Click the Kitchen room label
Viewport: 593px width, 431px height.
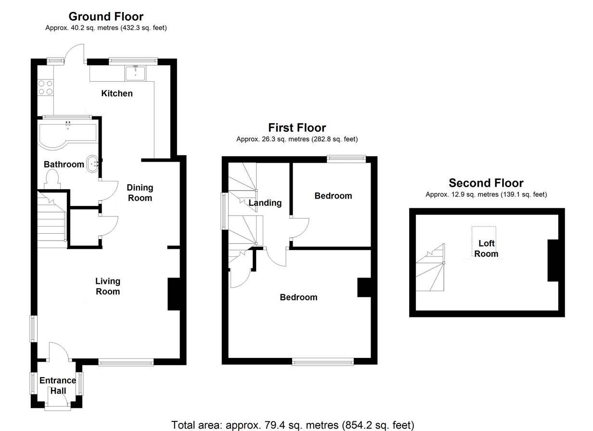116,93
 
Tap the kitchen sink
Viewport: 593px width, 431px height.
136,74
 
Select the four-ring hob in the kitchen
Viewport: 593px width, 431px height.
45,87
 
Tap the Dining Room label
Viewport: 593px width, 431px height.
140,192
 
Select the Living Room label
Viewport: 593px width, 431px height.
107,286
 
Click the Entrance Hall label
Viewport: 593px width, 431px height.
58,385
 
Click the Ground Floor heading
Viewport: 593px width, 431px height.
106,17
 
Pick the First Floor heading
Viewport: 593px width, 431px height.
297,127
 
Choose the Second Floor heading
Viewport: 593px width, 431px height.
486,183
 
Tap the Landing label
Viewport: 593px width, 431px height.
265,203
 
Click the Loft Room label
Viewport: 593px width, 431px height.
486,249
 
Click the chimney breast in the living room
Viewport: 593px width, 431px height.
174,294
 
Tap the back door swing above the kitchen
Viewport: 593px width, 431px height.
76,52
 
